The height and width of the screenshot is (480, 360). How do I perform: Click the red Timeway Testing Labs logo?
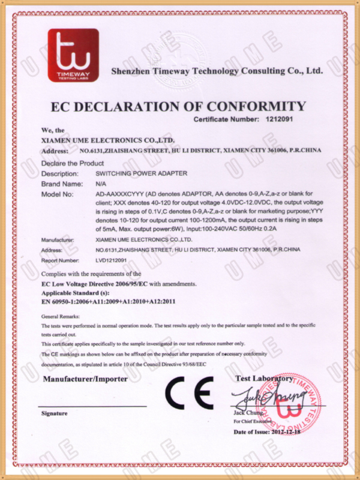73,55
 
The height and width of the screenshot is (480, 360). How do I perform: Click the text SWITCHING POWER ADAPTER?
142,173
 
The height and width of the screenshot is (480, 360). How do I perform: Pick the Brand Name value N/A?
101,184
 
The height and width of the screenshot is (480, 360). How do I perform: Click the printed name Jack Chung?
246,414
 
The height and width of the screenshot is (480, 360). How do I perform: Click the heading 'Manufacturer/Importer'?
85,379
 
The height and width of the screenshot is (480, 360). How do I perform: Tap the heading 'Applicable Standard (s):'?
74,292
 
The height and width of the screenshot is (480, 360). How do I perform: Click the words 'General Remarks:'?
60,315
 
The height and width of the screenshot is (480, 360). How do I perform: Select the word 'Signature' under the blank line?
54,414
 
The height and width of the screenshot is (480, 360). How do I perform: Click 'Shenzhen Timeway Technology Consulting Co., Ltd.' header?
217,71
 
